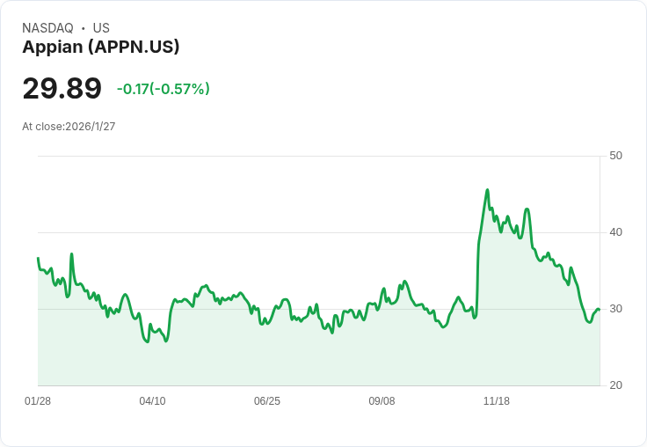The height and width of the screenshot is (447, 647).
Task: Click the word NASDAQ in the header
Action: [x=47, y=28]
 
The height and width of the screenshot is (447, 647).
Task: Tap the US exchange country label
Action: [x=101, y=28]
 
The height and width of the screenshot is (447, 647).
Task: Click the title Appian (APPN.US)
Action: [x=101, y=48]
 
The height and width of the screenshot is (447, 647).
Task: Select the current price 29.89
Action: [x=62, y=89]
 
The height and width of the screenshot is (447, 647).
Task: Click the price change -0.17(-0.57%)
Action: [x=164, y=89]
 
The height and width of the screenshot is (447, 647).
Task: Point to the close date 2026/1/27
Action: [x=91, y=127]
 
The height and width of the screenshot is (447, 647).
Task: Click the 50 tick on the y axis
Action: [x=615, y=156]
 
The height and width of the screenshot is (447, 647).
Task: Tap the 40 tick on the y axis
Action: [x=615, y=232]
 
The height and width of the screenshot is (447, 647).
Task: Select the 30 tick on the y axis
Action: [x=615, y=309]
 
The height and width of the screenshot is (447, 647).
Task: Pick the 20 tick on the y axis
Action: [x=615, y=385]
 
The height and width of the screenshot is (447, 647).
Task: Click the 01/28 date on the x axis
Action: [x=38, y=401]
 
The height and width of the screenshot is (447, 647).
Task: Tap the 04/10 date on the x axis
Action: [x=152, y=401]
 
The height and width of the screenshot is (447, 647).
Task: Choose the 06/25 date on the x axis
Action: [x=267, y=401]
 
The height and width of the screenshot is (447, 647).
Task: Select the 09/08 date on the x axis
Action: [x=382, y=401]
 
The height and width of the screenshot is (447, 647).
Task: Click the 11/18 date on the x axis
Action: [x=497, y=401]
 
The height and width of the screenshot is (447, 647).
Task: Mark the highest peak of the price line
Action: [x=487, y=190]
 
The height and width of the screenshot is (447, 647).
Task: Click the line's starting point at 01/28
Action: [x=38, y=258]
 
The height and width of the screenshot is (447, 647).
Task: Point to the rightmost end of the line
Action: [x=599, y=309]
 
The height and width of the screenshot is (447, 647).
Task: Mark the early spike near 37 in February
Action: [x=71, y=254]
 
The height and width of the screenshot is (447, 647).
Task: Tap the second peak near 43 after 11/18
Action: [x=527, y=209]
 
